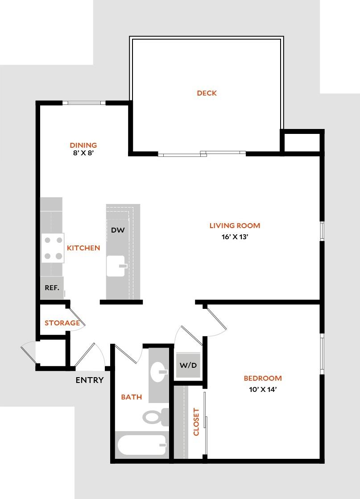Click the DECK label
click(207, 93)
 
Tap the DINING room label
click(83, 145)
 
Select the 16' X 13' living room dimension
click(234, 237)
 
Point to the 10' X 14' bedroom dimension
click(263, 389)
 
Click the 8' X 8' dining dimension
click(83, 153)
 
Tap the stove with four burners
click(53, 248)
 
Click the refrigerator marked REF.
click(52, 288)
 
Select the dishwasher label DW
click(117, 230)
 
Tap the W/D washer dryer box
click(188, 365)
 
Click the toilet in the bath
click(154, 417)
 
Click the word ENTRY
click(89, 380)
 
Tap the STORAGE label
click(62, 323)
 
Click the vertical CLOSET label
click(196, 422)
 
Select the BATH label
click(132, 397)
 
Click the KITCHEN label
click(83, 248)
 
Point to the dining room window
click(84, 103)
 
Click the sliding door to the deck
click(202, 154)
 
